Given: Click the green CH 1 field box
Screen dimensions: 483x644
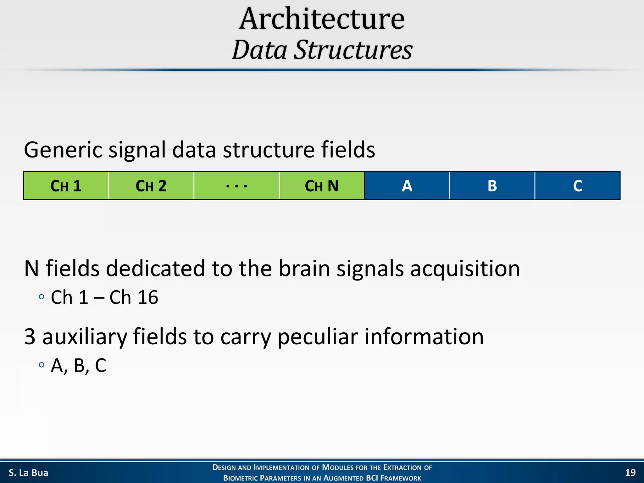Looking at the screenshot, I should [66, 186].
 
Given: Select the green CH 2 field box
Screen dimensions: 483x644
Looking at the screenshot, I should [151, 186].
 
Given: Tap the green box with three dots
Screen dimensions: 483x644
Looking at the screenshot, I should [236, 186].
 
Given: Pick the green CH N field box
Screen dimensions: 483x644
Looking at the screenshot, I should [322, 186].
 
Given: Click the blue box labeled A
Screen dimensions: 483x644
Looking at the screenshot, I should [407, 186].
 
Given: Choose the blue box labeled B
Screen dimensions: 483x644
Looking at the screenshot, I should [492, 186].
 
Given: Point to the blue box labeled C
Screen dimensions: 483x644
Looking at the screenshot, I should [578, 186].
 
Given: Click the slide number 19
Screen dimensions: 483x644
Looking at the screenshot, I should [630, 473].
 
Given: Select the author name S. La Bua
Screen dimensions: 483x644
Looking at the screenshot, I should [28, 473].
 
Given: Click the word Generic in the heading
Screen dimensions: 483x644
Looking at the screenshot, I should [63, 150].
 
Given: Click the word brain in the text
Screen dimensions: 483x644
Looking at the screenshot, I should [304, 269].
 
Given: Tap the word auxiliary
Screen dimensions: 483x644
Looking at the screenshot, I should [85, 336].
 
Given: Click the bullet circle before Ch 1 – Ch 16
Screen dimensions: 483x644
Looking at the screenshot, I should [42, 297].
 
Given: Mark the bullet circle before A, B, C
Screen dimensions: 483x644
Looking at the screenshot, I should [42, 365].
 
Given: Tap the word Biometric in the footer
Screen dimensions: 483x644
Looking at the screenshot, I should [241, 478].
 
